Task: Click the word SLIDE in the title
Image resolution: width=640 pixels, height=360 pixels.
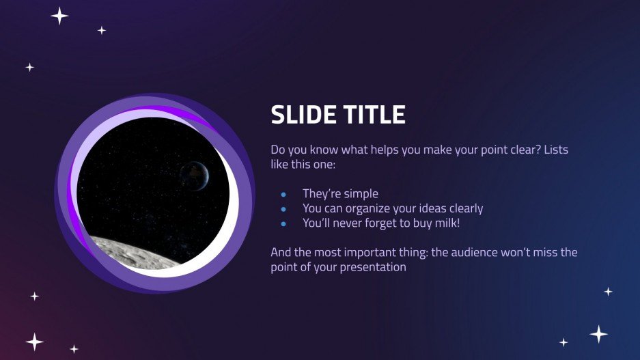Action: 302,115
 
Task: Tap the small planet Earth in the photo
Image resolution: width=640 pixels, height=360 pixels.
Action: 193,171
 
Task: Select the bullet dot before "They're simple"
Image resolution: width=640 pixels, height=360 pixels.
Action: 283,195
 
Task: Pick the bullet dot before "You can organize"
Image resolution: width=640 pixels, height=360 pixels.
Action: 283,209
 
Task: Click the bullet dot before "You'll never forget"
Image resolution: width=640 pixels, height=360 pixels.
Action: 283,223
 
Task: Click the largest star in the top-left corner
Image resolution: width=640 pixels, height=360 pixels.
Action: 59,16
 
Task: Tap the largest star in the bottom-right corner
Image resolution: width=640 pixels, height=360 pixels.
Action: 598,334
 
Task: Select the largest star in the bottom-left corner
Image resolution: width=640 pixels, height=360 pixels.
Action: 35,342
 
